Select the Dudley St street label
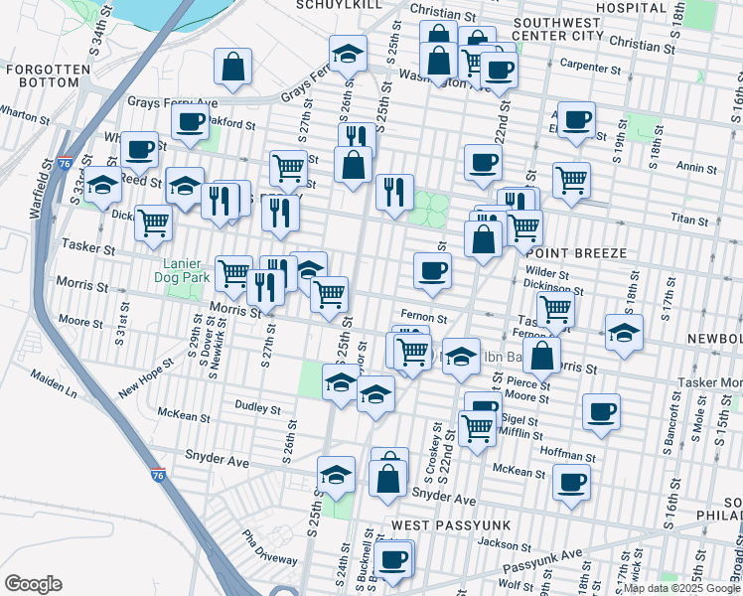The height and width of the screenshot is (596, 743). tap(257, 407)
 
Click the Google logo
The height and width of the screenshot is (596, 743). tap(32, 584)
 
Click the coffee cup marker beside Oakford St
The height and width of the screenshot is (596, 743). tap(189, 121)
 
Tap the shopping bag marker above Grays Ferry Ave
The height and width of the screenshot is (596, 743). tap(232, 67)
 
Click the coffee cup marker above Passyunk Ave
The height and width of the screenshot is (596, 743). tap(394, 558)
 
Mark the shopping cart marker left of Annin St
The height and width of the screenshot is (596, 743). tap(572, 180)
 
